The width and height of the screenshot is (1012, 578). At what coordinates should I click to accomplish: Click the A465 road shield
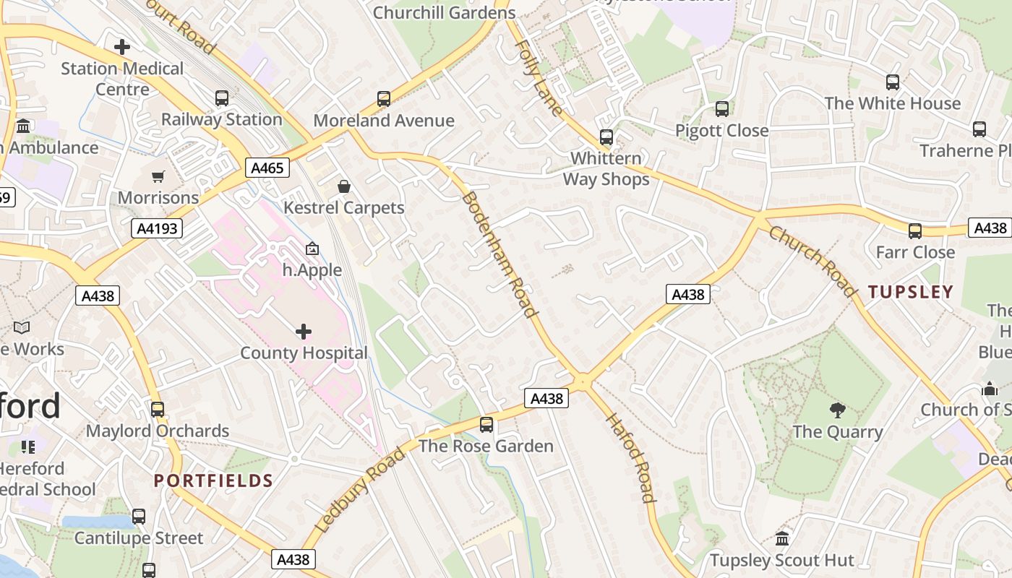click(267, 168)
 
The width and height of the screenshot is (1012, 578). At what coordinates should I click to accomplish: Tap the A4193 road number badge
click(157, 229)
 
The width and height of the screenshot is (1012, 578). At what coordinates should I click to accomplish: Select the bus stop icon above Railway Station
click(222, 98)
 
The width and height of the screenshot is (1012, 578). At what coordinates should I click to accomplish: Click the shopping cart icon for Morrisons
click(158, 176)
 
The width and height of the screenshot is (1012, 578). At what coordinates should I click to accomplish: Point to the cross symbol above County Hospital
click(304, 332)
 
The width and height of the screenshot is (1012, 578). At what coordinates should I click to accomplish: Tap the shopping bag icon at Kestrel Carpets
click(344, 186)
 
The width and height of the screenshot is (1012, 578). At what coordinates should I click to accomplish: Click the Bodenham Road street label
click(499, 255)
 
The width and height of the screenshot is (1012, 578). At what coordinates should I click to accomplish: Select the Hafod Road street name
click(630, 457)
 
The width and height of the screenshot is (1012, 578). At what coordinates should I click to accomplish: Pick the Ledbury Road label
click(361, 490)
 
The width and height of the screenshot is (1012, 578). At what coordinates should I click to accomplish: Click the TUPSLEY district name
click(911, 292)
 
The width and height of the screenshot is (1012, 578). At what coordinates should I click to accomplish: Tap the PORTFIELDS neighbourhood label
click(213, 480)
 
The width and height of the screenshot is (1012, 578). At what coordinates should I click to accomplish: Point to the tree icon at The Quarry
click(838, 410)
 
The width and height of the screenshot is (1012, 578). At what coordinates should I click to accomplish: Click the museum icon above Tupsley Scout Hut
click(782, 538)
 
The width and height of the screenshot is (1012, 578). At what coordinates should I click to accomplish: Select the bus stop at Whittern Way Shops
click(606, 137)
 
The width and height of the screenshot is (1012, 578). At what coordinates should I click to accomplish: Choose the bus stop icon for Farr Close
click(915, 231)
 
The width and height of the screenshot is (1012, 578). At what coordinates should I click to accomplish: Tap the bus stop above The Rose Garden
click(486, 424)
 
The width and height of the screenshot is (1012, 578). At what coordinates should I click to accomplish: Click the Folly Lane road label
click(539, 78)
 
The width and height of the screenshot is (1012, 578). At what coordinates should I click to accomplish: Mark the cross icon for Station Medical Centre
click(122, 47)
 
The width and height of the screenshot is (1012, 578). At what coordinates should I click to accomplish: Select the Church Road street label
click(811, 261)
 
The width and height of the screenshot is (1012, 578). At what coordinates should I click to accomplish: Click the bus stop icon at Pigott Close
click(722, 109)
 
